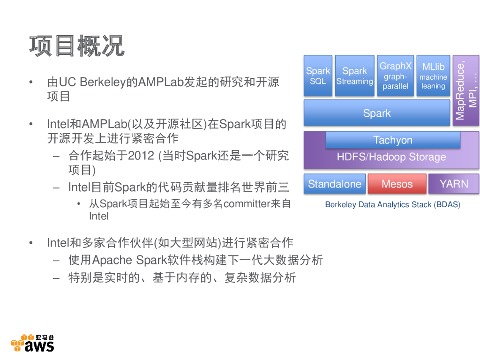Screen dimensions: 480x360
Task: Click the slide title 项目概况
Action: tap(77, 46)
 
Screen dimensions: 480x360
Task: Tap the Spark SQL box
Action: tap(318, 75)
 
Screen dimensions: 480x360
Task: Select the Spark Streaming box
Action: tap(354, 75)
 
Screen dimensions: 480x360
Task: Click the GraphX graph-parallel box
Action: tap(395, 75)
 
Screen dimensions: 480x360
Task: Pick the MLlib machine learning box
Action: tap(433, 75)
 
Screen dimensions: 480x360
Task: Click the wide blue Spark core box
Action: tap(377, 113)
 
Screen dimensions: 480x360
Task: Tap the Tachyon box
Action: tap(393, 140)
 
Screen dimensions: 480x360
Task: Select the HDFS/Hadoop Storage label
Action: tap(391, 157)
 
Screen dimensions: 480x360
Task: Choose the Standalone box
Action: tap(334, 184)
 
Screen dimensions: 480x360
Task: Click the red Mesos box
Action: tap(397, 184)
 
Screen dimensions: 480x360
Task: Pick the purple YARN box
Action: tap(454, 184)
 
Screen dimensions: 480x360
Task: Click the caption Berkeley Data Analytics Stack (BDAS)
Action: tap(392, 205)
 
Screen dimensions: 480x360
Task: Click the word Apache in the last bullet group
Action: tap(112, 260)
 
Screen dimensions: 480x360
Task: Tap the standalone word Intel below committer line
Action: tap(99, 216)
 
